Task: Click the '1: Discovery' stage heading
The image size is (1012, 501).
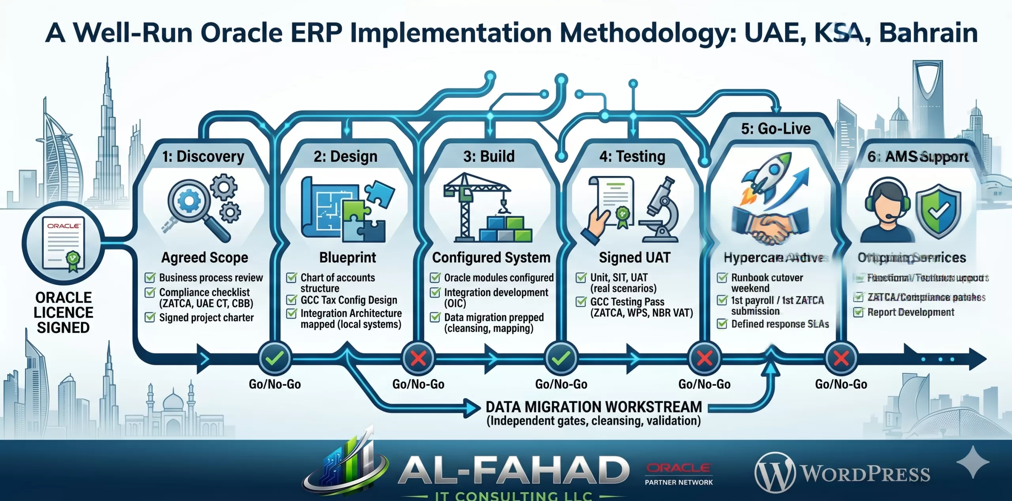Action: click(x=203, y=157)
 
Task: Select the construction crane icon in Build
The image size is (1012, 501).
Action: click(x=474, y=206)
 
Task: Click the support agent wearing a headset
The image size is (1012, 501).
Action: click(x=887, y=210)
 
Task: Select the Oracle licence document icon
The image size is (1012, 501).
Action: click(x=63, y=243)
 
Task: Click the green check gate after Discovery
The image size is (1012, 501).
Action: click(x=275, y=359)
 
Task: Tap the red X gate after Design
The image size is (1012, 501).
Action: click(x=418, y=359)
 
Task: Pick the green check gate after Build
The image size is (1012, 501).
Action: click(x=561, y=359)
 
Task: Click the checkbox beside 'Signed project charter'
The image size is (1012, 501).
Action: click(x=150, y=317)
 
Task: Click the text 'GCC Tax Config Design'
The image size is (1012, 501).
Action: click(x=349, y=300)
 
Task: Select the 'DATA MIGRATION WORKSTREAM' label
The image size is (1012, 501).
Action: click(x=593, y=407)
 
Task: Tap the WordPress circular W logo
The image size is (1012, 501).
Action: click(x=774, y=473)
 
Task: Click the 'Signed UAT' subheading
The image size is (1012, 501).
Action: click(x=634, y=258)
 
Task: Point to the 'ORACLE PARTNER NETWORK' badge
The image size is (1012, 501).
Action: click(x=679, y=474)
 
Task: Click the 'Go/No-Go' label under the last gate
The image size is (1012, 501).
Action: click(x=841, y=384)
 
